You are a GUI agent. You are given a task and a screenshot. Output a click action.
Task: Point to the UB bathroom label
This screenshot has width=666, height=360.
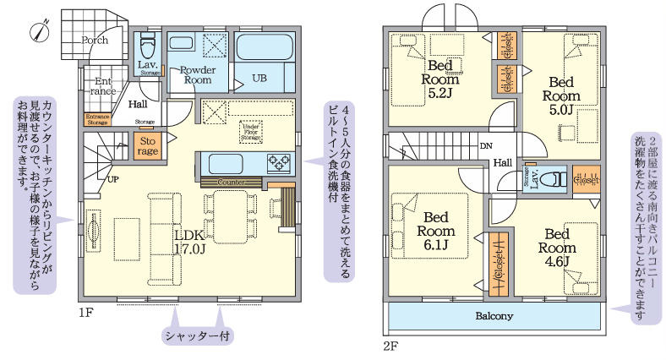pos(260,78)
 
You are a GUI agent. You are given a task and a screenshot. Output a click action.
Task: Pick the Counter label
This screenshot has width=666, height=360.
pos(231,182)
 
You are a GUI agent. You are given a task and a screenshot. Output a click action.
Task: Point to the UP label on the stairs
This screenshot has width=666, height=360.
pos(112,179)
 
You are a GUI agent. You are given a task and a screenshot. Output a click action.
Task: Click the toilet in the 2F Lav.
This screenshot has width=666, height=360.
pos(550,179)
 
